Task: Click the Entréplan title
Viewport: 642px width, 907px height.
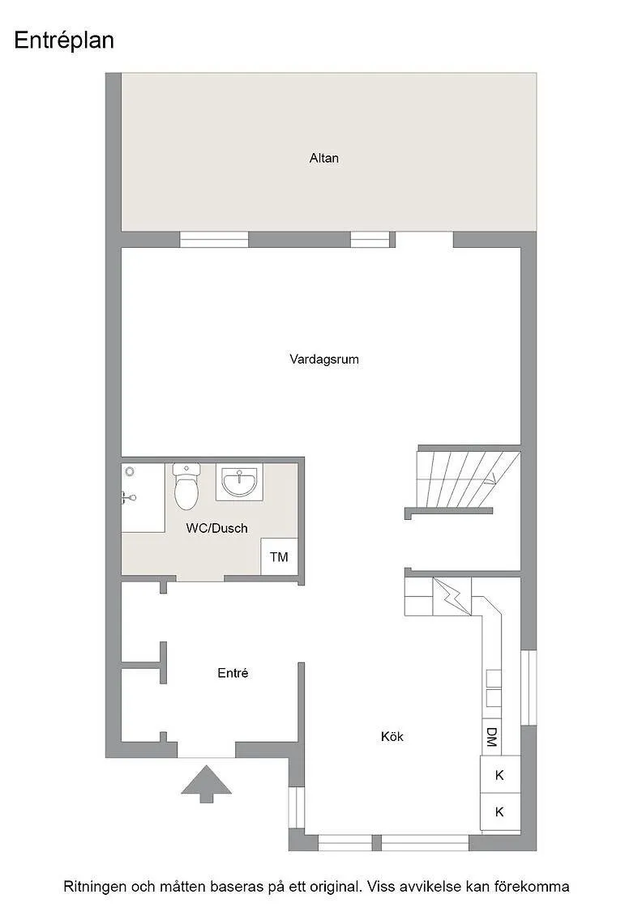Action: tap(64, 40)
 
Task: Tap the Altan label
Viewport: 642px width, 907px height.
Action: tap(324, 158)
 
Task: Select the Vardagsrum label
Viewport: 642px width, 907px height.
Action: tap(324, 359)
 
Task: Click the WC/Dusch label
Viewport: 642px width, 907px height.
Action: tap(217, 528)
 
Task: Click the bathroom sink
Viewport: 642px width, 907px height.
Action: tap(239, 483)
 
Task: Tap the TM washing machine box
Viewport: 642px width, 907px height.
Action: tap(279, 557)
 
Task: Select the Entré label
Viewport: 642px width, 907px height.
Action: tap(233, 673)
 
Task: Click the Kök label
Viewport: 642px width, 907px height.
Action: tap(392, 736)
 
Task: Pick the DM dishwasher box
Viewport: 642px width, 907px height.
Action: tap(491, 736)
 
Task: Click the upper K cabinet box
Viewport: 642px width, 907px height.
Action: tap(499, 775)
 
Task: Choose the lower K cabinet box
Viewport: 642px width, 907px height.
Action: tap(499, 811)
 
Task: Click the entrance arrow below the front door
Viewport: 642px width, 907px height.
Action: tap(207, 783)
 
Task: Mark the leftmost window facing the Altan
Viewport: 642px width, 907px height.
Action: tap(214, 239)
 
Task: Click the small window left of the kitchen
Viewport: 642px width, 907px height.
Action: tap(297, 807)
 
